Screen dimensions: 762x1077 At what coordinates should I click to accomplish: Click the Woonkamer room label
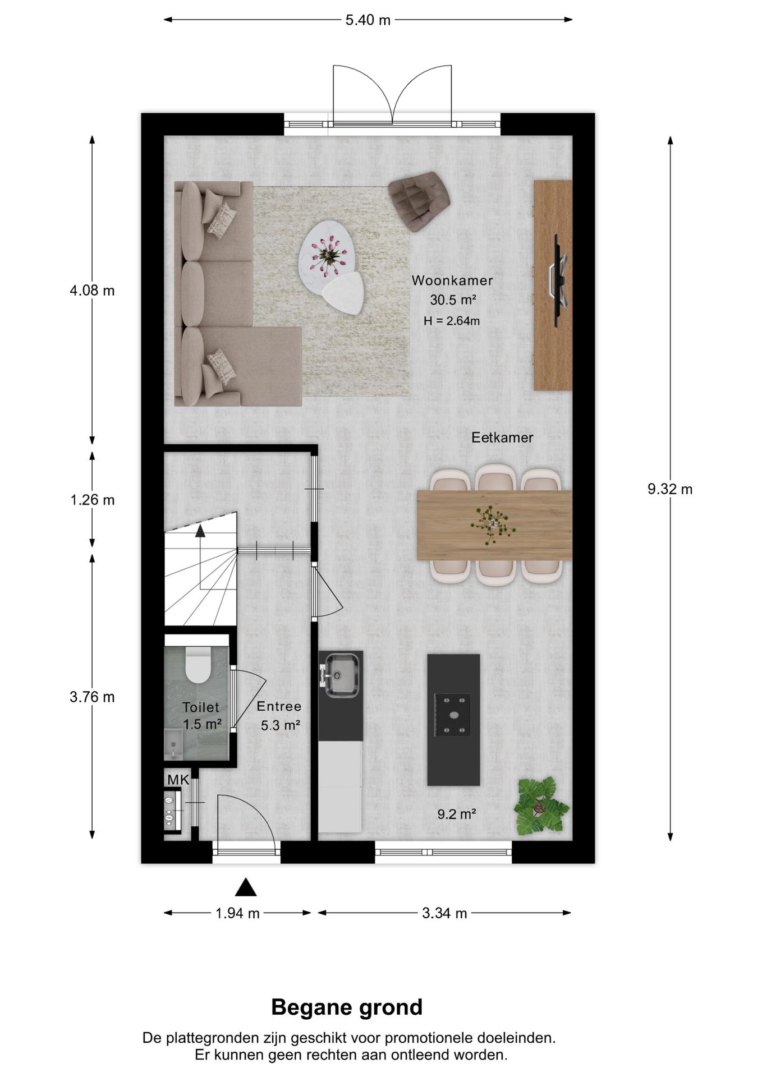(x=452, y=280)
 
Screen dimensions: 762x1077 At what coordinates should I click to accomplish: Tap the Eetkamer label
(x=502, y=438)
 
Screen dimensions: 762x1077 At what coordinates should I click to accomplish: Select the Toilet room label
(x=201, y=708)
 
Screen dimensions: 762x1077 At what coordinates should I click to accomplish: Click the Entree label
(x=279, y=706)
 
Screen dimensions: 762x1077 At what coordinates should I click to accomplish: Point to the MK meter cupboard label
(x=178, y=780)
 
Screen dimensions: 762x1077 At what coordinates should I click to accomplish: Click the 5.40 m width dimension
(x=368, y=20)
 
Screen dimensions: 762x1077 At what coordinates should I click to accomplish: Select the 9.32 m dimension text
(x=670, y=489)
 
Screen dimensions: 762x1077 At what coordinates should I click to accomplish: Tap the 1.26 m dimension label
(x=93, y=500)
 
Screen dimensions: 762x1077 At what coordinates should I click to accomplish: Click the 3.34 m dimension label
(x=444, y=913)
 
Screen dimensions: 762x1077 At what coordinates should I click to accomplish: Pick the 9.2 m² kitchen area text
(x=457, y=814)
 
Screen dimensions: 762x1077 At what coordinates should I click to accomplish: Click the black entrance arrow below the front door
(x=245, y=887)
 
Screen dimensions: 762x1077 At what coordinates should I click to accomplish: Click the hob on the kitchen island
(x=452, y=715)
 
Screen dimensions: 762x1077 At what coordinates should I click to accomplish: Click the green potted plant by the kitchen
(x=541, y=806)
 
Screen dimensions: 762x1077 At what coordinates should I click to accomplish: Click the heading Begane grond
(x=347, y=1007)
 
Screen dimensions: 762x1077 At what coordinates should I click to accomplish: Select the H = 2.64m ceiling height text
(x=452, y=321)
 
